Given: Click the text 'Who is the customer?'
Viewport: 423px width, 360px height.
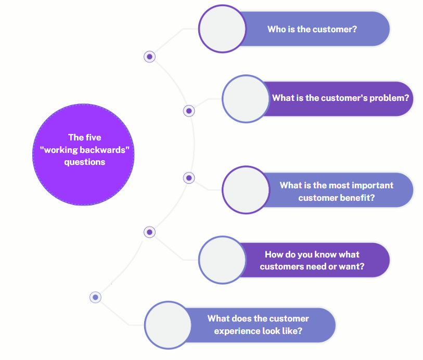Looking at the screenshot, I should coord(312,29).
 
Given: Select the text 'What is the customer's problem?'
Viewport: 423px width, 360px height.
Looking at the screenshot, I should coord(341,98).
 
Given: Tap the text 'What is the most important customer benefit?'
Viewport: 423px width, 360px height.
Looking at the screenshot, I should coord(337,191).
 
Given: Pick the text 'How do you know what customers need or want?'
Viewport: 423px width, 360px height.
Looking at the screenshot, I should coord(312,261).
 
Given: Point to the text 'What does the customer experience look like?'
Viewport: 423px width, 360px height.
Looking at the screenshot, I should coord(258,325).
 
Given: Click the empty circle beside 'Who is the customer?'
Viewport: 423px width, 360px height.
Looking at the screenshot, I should coord(223,29).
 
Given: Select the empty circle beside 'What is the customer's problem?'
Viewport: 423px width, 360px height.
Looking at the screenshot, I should coord(246,98).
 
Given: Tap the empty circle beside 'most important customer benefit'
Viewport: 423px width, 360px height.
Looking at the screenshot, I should coord(246,190).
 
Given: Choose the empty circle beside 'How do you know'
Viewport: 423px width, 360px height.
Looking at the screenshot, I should coord(223,260).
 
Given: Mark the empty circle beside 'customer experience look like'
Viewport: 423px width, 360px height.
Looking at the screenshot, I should coord(168,325).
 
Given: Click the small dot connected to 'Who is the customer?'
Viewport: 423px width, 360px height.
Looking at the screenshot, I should coord(149,56).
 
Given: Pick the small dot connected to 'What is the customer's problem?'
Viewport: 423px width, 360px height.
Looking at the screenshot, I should coord(189,110).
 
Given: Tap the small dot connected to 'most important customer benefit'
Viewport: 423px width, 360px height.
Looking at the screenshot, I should coord(189,178).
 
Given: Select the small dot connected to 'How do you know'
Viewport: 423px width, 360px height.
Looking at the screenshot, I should coord(149,232).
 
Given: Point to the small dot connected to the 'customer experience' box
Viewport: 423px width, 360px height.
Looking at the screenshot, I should coord(95,297).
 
